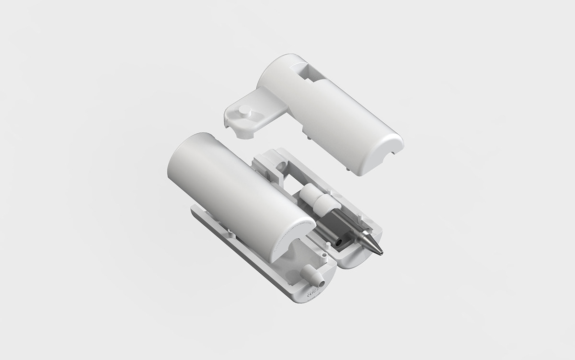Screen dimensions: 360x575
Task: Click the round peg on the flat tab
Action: [246, 112]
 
